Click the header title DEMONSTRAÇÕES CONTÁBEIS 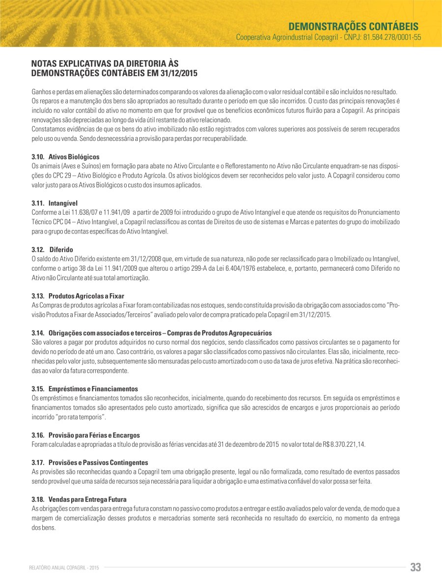(x=353, y=26)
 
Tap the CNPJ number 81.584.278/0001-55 (x=392, y=37)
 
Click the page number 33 (x=415, y=567)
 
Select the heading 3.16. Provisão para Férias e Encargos (x=85, y=435)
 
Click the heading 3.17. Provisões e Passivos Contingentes (x=89, y=462)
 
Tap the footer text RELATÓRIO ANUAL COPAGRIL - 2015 (x=64, y=568)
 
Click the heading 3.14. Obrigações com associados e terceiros (x=151, y=333)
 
